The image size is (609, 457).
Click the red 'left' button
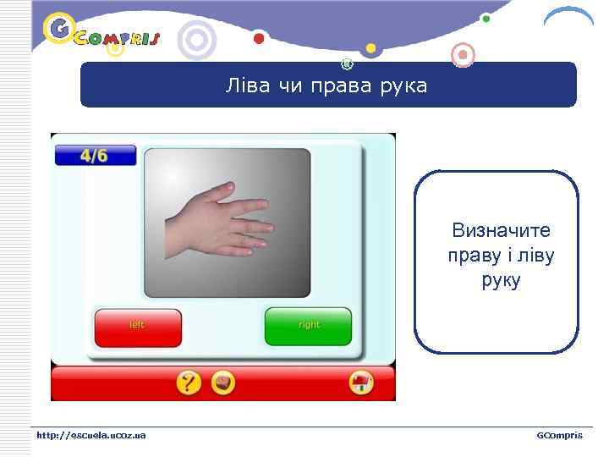click(x=138, y=328)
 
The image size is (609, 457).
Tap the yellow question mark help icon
click(x=189, y=383)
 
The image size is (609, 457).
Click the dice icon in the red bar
click(x=222, y=383)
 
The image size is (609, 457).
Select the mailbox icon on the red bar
click(x=362, y=383)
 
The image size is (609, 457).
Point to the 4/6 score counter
click(x=95, y=156)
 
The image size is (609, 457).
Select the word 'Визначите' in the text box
click(x=501, y=230)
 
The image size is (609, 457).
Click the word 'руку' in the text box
click(x=500, y=279)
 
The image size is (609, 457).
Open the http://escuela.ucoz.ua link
click(x=91, y=435)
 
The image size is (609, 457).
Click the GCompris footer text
click(x=559, y=435)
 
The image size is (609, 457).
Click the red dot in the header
click(x=259, y=39)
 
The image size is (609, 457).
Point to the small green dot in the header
click(x=486, y=18)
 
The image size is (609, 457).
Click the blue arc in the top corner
click(x=568, y=15)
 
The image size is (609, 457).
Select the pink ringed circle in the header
click(x=463, y=56)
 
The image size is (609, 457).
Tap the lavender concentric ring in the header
click(x=197, y=40)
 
